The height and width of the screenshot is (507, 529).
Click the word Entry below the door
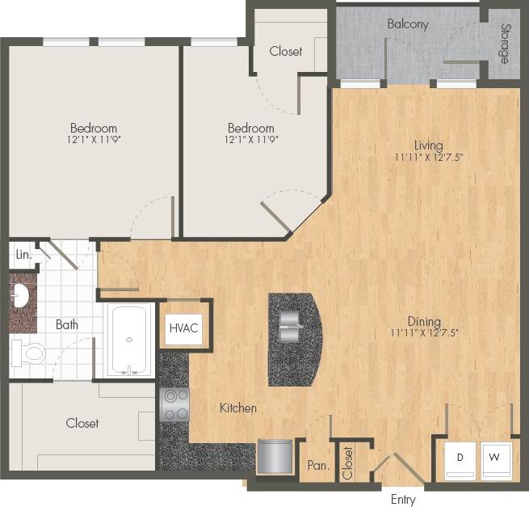[x=402, y=499]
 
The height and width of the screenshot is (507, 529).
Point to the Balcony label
[x=408, y=24]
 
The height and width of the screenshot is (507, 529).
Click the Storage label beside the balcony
[x=504, y=45]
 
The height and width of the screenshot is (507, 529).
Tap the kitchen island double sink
[x=291, y=327]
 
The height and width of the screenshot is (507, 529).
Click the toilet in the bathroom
[x=29, y=353]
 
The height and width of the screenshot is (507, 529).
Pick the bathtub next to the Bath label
[x=129, y=340]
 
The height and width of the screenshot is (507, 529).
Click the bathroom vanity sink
[x=21, y=297]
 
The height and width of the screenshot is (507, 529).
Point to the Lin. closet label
[x=23, y=255]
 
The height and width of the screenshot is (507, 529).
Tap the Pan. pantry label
[x=317, y=466]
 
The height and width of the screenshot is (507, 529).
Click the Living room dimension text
[x=430, y=158]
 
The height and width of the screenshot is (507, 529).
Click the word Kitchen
[x=238, y=408]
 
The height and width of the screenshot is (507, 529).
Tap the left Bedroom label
[x=93, y=128]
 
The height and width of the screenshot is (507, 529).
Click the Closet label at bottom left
[x=82, y=423]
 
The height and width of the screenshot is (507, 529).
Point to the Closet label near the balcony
[x=286, y=51]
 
